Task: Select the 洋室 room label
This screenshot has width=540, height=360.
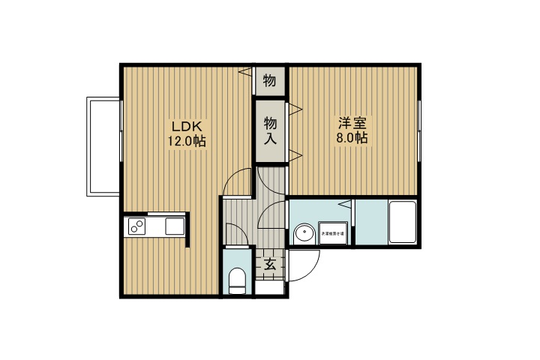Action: (351, 123)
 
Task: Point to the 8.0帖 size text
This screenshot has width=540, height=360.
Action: (351, 138)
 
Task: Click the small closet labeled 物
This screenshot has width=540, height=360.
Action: (270, 80)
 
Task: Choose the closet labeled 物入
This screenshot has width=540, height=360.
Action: (270, 130)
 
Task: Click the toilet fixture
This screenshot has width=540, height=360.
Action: (237, 280)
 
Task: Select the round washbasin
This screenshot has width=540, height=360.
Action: (304, 233)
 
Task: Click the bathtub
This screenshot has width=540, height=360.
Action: (403, 222)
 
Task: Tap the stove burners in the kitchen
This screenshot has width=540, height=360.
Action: (137, 226)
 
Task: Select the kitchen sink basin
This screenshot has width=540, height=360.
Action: (175, 226)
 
